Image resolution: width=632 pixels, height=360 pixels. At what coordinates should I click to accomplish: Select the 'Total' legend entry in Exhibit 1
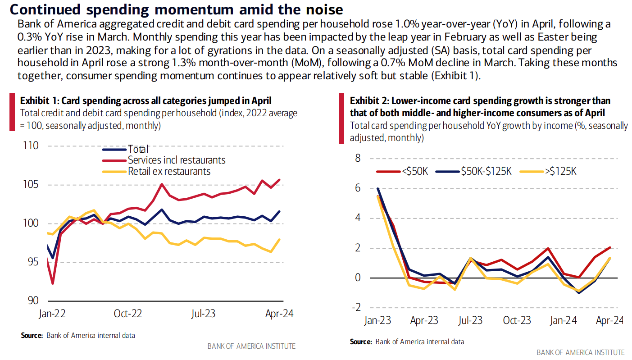coord(138,149)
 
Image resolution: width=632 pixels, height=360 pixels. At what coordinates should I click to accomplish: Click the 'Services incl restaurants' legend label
coord(177,160)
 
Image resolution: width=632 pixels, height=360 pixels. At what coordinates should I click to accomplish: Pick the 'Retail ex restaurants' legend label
coord(169,171)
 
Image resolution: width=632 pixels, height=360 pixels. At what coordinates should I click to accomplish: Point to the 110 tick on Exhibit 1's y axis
coord(30,146)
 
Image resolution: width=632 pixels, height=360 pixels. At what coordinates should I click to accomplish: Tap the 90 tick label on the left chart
coord(33,301)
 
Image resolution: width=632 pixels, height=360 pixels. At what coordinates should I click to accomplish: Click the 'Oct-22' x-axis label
coord(128,314)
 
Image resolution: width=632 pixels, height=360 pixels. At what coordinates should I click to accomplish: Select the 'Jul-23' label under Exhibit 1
coord(204,314)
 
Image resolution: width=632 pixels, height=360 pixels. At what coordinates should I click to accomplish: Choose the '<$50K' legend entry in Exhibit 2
coord(413,171)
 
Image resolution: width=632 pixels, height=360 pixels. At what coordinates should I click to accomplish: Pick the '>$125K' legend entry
coord(561,171)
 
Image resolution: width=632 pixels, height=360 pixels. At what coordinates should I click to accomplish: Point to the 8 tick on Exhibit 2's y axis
coord(358,158)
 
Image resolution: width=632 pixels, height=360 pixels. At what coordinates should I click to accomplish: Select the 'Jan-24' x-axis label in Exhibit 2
coord(563,321)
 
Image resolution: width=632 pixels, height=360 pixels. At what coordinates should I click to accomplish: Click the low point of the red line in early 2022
coord(53,283)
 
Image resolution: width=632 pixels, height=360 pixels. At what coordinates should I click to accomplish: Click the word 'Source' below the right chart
coord(360,342)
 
